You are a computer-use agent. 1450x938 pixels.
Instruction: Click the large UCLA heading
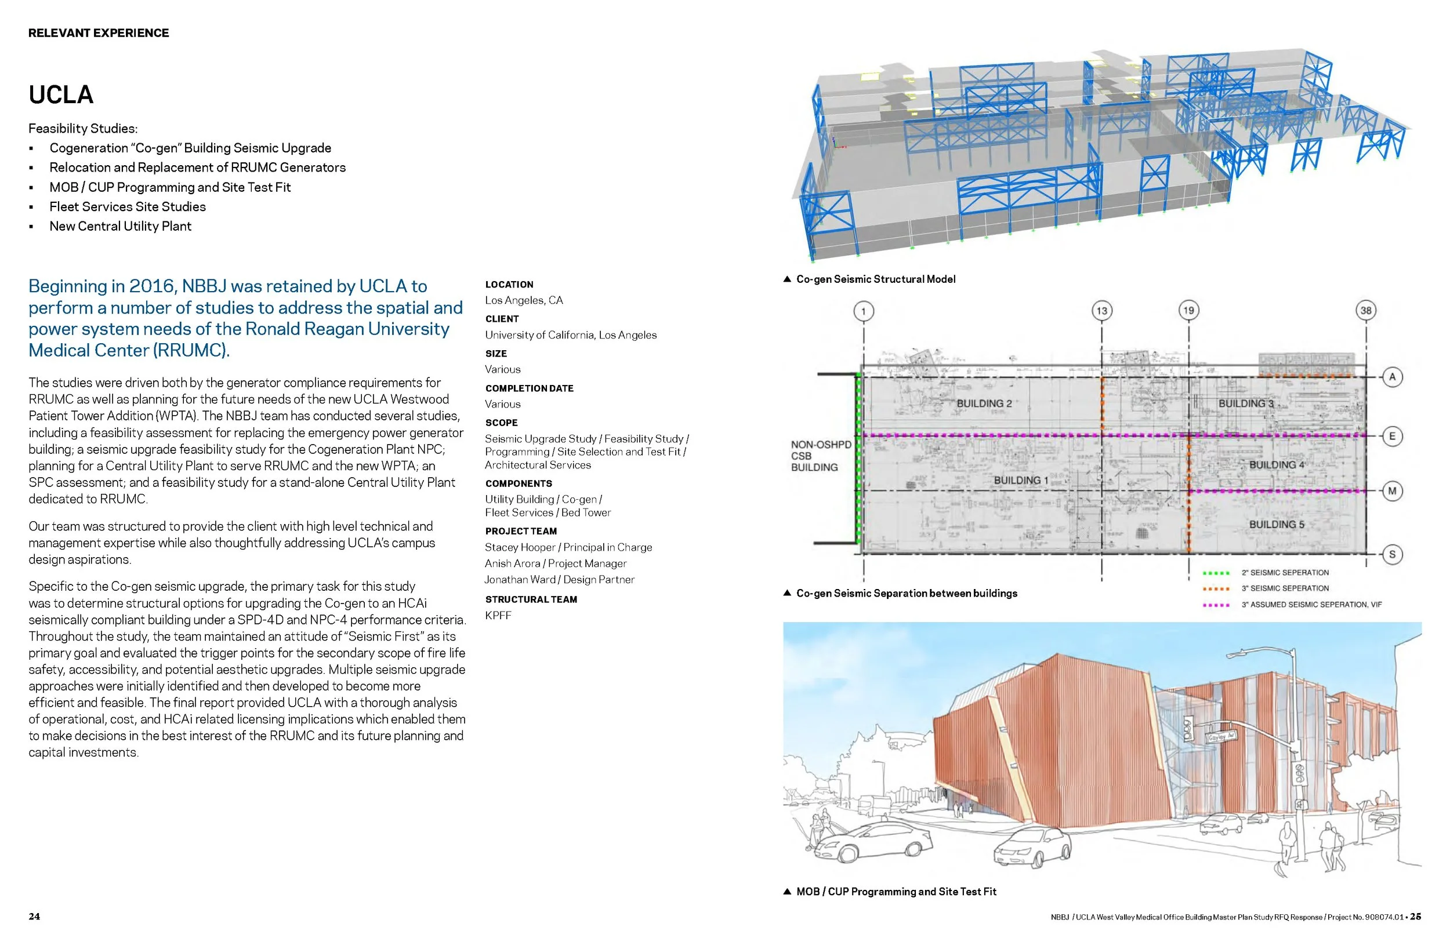pos(61,95)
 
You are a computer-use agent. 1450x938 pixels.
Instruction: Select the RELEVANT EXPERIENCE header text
pos(99,33)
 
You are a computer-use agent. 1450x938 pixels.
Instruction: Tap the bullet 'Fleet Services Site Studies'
pos(128,206)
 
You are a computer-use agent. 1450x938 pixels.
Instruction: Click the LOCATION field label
pos(509,285)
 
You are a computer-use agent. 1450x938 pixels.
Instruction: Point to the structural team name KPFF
pos(498,615)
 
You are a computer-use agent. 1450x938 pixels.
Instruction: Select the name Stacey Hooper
pos(519,547)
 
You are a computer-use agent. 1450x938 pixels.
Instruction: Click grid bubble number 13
pos(1101,311)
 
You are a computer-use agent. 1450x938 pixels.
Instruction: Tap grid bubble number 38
pos(1366,311)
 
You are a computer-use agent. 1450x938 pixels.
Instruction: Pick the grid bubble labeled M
pos(1392,491)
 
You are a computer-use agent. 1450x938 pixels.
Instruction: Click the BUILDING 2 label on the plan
pos(984,403)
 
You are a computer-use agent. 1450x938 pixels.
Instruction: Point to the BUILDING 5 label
pos(1277,525)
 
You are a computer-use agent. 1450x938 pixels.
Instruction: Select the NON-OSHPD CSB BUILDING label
pos(820,456)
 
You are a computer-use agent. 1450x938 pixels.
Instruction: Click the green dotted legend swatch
pos(1216,573)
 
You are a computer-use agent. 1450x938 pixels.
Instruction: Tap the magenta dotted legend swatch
pos(1216,605)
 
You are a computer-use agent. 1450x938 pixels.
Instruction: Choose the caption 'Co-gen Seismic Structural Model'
pos(875,279)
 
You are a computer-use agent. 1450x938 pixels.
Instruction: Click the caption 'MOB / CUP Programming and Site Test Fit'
pos(896,892)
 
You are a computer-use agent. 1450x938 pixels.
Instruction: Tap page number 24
pos(34,917)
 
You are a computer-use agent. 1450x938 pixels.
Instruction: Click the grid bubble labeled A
pos(1392,377)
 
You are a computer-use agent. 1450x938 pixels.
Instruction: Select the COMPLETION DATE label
pos(529,388)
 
